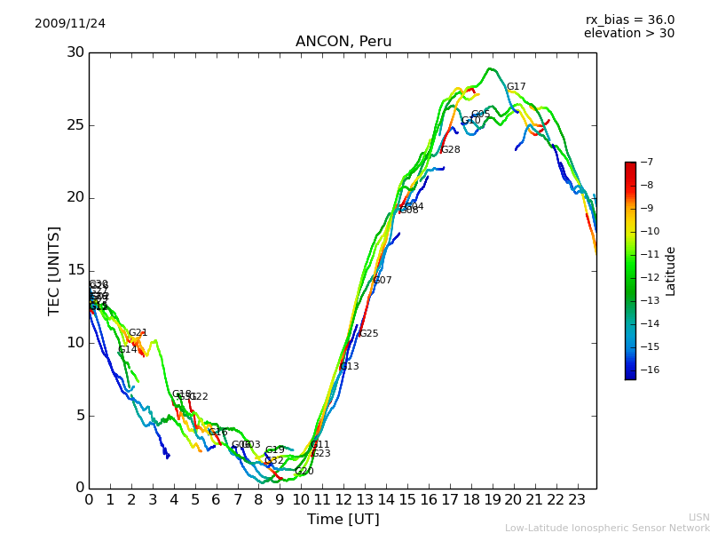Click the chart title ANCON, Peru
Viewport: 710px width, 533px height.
pyautogui.click(x=343, y=42)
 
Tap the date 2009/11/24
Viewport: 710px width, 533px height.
pyautogui.click(x=70, y=23)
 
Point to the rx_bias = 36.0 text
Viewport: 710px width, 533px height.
pyautogui.click(x=629, y=20)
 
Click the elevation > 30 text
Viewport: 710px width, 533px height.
pyautogui.click(x=628, y=34)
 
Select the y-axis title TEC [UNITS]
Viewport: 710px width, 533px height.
pyautogui.click(x=55, y=270)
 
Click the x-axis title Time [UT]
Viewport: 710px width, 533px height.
pyautogui.click(x=343, y=519)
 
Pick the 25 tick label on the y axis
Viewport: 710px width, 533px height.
pyautogui.click(x=75, y=125)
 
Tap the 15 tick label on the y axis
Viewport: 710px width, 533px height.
pyautogui.click(x=75, y=270)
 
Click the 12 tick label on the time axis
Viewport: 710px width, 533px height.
pyautogui.click(x=343, y=499)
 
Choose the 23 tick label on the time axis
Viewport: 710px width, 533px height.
pyautogui.click(x=577, y=499)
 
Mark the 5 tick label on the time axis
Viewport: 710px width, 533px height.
pyautogui.click(x=195, y=499)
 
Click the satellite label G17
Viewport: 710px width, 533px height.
pyautogui.click(x=516, y=87)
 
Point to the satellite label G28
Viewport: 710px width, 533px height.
pyautogui.click(x=450, y=150)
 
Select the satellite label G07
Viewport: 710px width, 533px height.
pyautogui.click(x=382, y=281)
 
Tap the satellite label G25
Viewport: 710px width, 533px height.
pyautogui.click(x=368, y=334)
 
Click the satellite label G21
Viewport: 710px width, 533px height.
pyautogui.click(x=138, y=333)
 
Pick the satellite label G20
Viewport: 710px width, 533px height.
pyautogui.click(x=304, y=472)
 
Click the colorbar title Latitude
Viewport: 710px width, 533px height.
pyautogui.click(x=671, y=270)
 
